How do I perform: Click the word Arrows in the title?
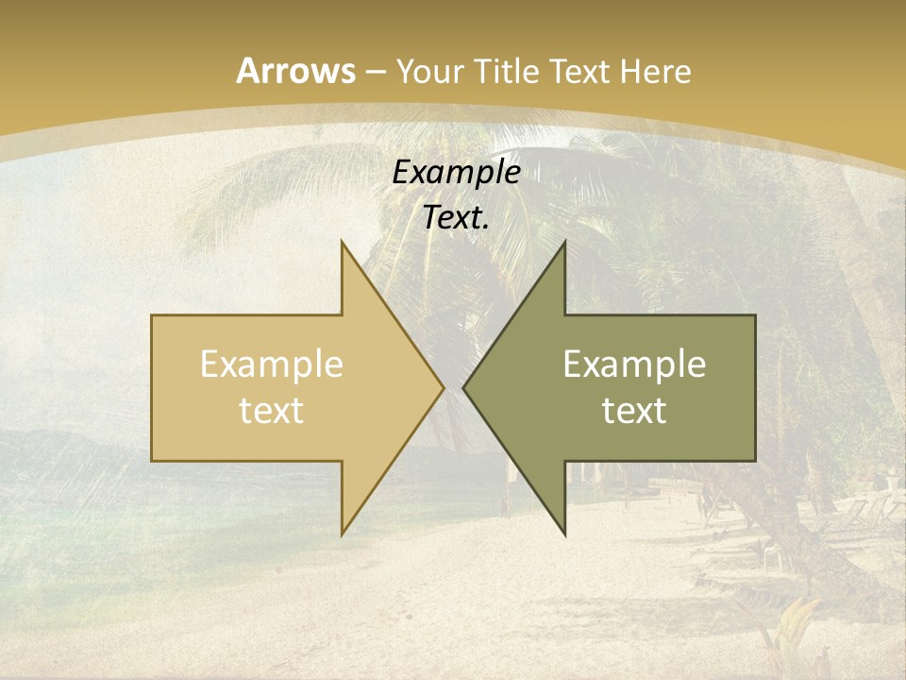pyautogui.click(x=295, y=71)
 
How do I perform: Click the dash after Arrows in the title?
pyautogui.click(x=376, y=72)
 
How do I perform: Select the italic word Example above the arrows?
pyautogui.click(x=456, y=172)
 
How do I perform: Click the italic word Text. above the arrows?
pyautogui.click(x=456, y=217)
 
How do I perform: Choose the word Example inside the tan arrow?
pyautogui.click(x=271, y=365)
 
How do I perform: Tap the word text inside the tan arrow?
pyautogui.click(x=271, y=410)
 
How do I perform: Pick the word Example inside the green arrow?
pyautogui.click(x=634, y=365)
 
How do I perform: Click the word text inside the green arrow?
pyautogui.click(x=634, y=410)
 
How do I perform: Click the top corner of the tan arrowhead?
pyautogui.click(x=342, y=242)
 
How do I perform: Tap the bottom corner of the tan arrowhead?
pyautogui.click(x=342, y=535)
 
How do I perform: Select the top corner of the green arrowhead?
pyautogui.click(x=564, y=242)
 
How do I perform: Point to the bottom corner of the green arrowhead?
pyautogui.click(x=564, y=535)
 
